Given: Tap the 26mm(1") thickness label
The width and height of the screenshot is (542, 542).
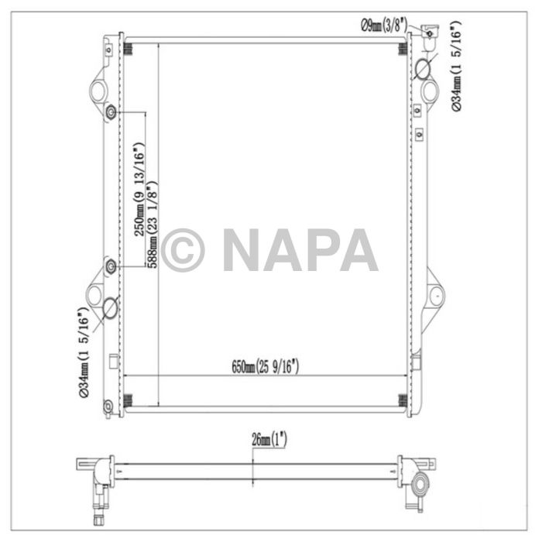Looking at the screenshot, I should (x=269, y=441).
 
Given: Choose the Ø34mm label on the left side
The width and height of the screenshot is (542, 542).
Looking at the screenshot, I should (x=84, y=353).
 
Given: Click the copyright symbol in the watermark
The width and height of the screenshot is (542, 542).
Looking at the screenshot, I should (x=182, y=250).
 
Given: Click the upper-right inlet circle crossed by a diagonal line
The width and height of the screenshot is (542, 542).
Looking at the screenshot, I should (x=425, y=69).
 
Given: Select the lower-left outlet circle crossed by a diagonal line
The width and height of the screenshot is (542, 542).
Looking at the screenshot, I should (x=110, y=308).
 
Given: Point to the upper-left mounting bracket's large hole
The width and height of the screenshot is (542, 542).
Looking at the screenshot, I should (x=97, y=92).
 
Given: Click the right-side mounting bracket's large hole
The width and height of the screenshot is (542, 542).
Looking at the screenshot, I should (x=437, y=295).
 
